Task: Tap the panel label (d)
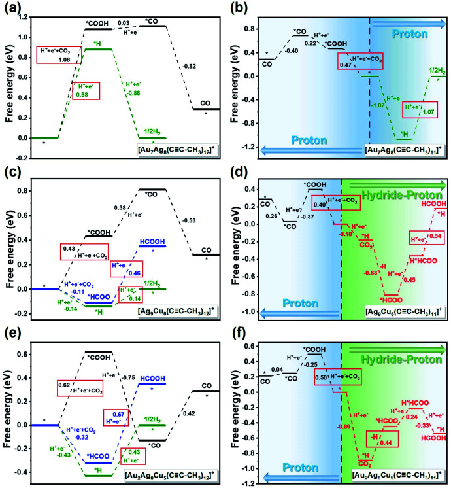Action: click(240, 171)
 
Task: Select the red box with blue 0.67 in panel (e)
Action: click(118, 417)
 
